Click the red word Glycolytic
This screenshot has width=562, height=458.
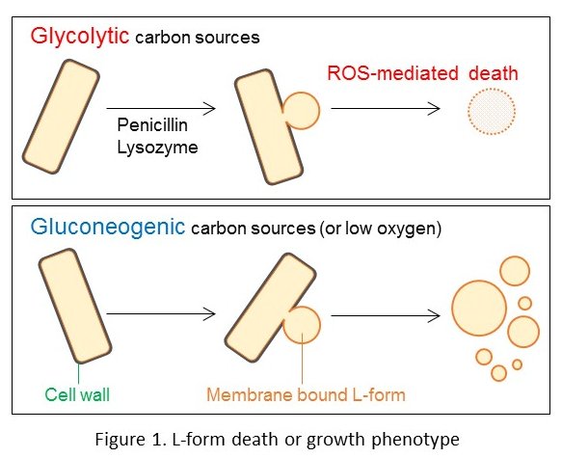pyautogui.click(x=80, y=37)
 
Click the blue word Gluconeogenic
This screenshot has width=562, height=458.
pyautogui.click(x=108, y=228)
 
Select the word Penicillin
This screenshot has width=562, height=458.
pyautogui.click(x=152, y=125)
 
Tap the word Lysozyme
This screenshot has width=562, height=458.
pyautogui.click(x=157, y=148)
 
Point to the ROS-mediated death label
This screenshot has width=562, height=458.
pyautogui.click(x=423, y=73)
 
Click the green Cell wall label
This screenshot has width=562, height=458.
pyautogui.click(x=77, y=394)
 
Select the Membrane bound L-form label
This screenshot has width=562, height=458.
pyautogui.click(x=307, y=394)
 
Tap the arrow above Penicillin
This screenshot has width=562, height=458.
pyautogui.click(x=161, y=108)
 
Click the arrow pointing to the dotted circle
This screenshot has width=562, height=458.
pyautogui.click(x=386, y=108)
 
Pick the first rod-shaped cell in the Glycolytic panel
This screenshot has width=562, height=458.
pyautogui.click(x=61, y=117)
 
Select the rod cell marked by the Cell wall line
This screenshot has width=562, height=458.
pyautogui.click(x=75, y=306)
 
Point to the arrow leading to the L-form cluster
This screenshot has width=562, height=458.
pyautogui.click(x=386, y=315)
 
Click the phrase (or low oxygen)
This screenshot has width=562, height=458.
pyautogui.click(x=381, y=229)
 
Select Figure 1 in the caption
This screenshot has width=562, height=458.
pyautogui.click(x=130, y=439)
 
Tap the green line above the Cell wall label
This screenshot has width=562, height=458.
pyautogui.click(x=79, y=373)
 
